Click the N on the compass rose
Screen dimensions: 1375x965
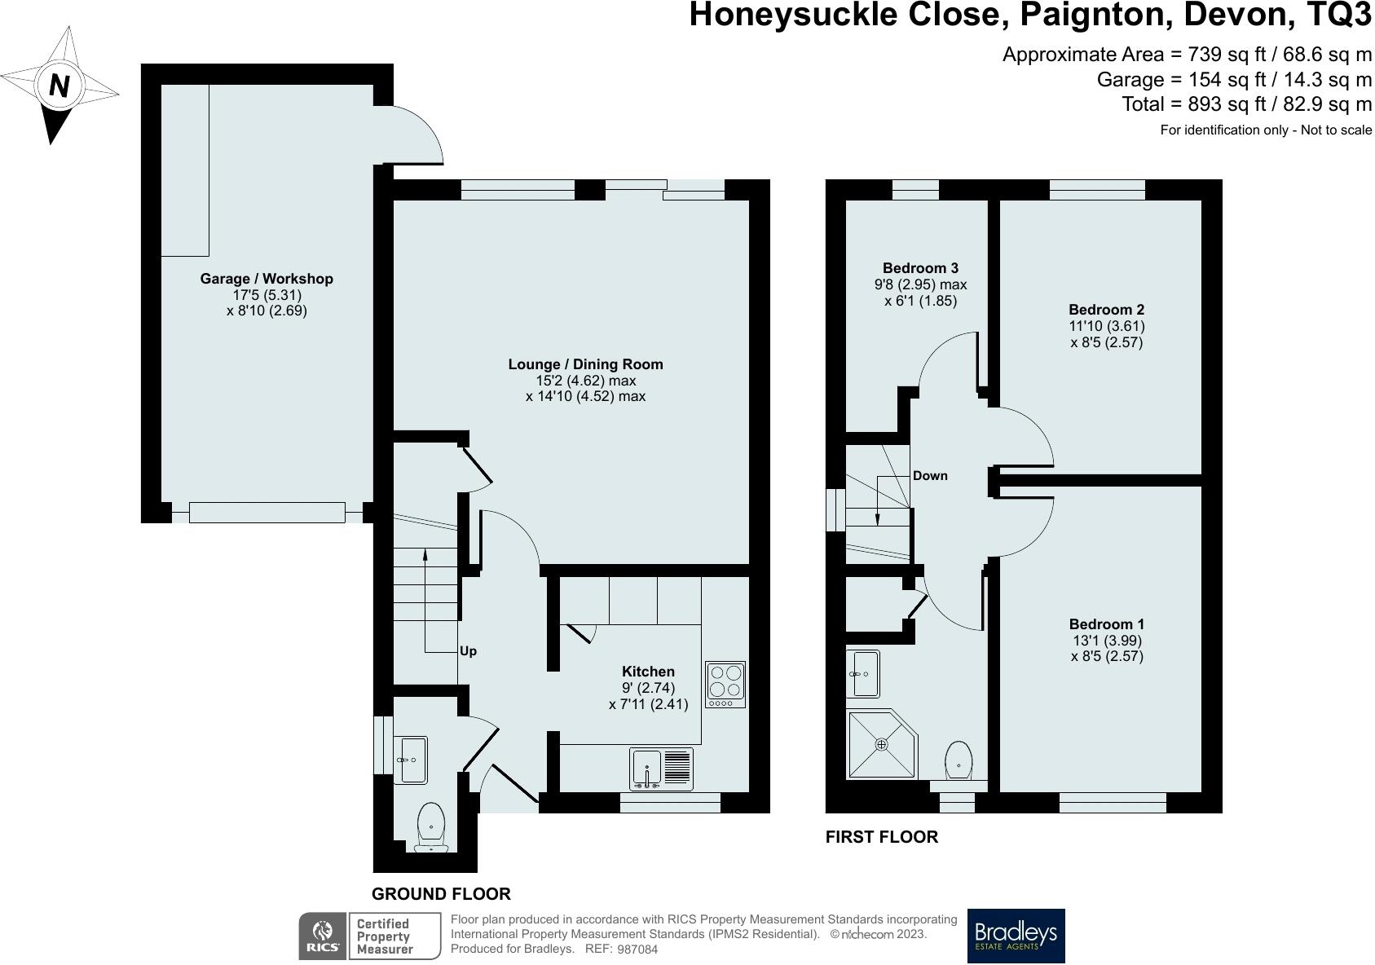pyautogui.click(x=59, y=86)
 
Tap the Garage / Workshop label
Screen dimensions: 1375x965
pyautogui.click(x=267, y=279)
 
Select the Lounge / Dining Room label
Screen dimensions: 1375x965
pyautogui.click(x=585, y=364)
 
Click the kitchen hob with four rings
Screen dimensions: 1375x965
pyautogui.click(x=725, y=684)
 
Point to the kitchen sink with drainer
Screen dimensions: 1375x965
pyautogui.click(x=661, y=769)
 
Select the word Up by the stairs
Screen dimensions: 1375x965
pyautogui.click(x=468, y=650)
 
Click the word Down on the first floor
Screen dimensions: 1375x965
pyautogui.click(x=930, y=475)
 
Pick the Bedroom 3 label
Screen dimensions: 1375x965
pyautogui.click(x=920, y=267)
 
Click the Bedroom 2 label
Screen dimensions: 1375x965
pyautogui.click(x=1106, y=310)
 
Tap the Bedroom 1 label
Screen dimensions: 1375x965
pyautogui.click(x=1106, y=624)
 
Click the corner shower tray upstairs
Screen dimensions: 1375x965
pyautogui.click(x=881, y=744)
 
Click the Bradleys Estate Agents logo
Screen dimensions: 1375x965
pyautogui.click(x=1016, y=936)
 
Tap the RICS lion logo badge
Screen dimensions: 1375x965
pyautogui.click(x=322, y=936)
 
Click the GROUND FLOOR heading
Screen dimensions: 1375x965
pyautogui.click(x=441, y=894)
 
